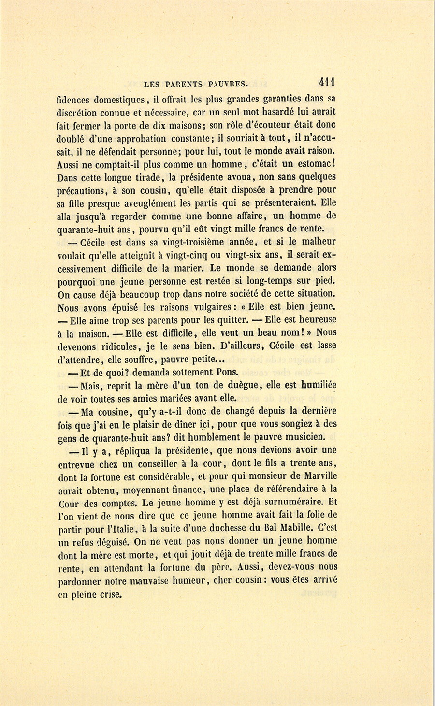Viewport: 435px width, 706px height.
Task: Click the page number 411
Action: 327,82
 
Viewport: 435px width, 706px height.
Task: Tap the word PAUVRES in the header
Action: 228,84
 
